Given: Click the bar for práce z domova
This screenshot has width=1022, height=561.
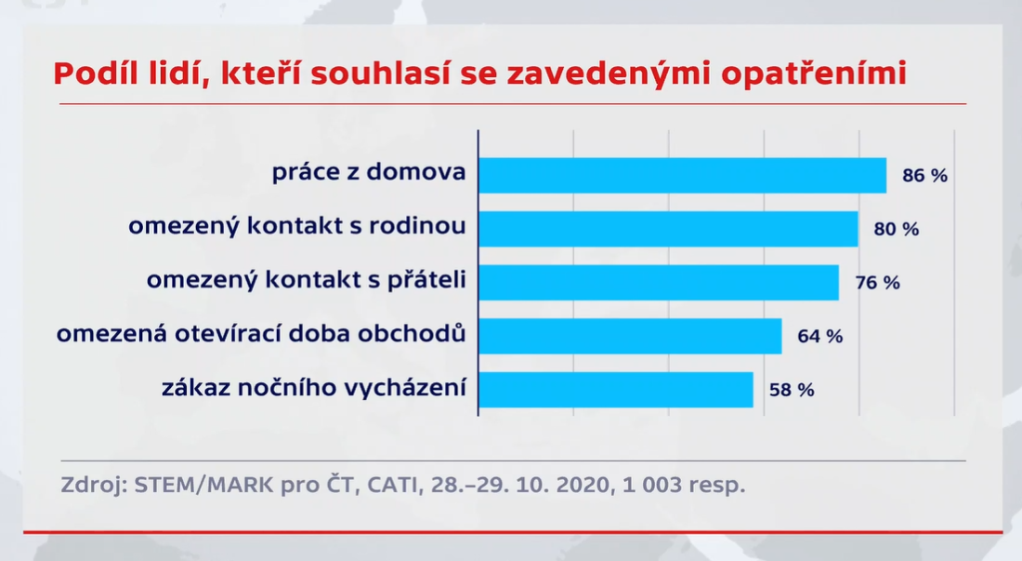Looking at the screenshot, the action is click(x=683, y=176).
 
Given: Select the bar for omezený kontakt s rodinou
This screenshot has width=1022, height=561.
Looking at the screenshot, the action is click(x=668, y=229).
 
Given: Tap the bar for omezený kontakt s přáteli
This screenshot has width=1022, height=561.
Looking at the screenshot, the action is click(x=659, y=283).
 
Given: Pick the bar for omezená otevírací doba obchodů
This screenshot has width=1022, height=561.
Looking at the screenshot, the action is click(x=630, y=336).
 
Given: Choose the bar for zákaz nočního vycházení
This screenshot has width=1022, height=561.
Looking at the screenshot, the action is click(x=616, y=390).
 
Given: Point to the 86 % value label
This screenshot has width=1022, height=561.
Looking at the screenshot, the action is click(x=924, y=176).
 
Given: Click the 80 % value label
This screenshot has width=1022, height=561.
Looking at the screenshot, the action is click(x=897, y=229).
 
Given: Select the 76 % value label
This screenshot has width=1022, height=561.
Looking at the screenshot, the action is click(x=877, y=283).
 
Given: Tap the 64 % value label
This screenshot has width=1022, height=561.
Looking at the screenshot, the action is click(x=820, y=336).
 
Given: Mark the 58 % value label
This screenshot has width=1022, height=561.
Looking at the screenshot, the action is click(x=792, y=390).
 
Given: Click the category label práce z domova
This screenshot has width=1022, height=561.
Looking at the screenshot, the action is click(x=369, y=172).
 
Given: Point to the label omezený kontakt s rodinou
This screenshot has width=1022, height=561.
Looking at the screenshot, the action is click(x=297, y=226).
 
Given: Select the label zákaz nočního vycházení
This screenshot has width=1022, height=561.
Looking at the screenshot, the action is click(x=314, y=387).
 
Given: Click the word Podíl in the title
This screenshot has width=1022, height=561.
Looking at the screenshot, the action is click(x=95, y=73).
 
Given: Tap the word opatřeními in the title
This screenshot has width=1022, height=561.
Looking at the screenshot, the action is click(x=814, y=74).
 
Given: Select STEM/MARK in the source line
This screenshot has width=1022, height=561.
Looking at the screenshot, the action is click(x=203, y=485).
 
